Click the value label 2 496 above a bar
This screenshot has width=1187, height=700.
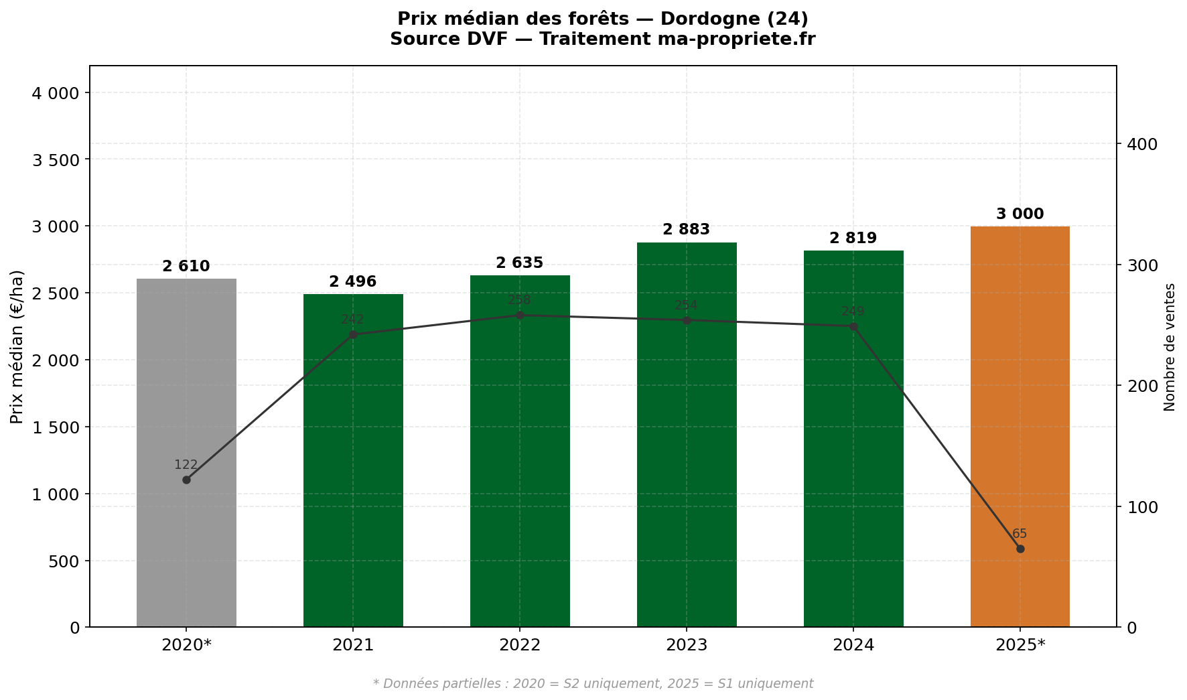click(353, 282)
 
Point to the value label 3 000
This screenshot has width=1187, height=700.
click(1020, 214)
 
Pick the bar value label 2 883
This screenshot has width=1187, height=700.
click(687, 230)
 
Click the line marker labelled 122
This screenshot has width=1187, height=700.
click(186, 480)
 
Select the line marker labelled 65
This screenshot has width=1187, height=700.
click(1020, 549)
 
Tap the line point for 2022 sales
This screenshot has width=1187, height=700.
click(520, 316)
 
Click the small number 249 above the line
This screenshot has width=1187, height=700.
click(853, 311)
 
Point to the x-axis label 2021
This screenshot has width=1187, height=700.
click(353, 645)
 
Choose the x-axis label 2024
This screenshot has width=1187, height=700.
click(853, 645)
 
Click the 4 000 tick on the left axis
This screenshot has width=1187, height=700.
click(56, 92)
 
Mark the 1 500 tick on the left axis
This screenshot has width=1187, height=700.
click(56, 427)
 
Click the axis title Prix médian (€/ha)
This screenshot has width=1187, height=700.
click(17, 347)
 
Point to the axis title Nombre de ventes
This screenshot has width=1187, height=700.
click(1170, 347)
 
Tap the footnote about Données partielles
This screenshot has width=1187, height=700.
click(593, 684)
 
